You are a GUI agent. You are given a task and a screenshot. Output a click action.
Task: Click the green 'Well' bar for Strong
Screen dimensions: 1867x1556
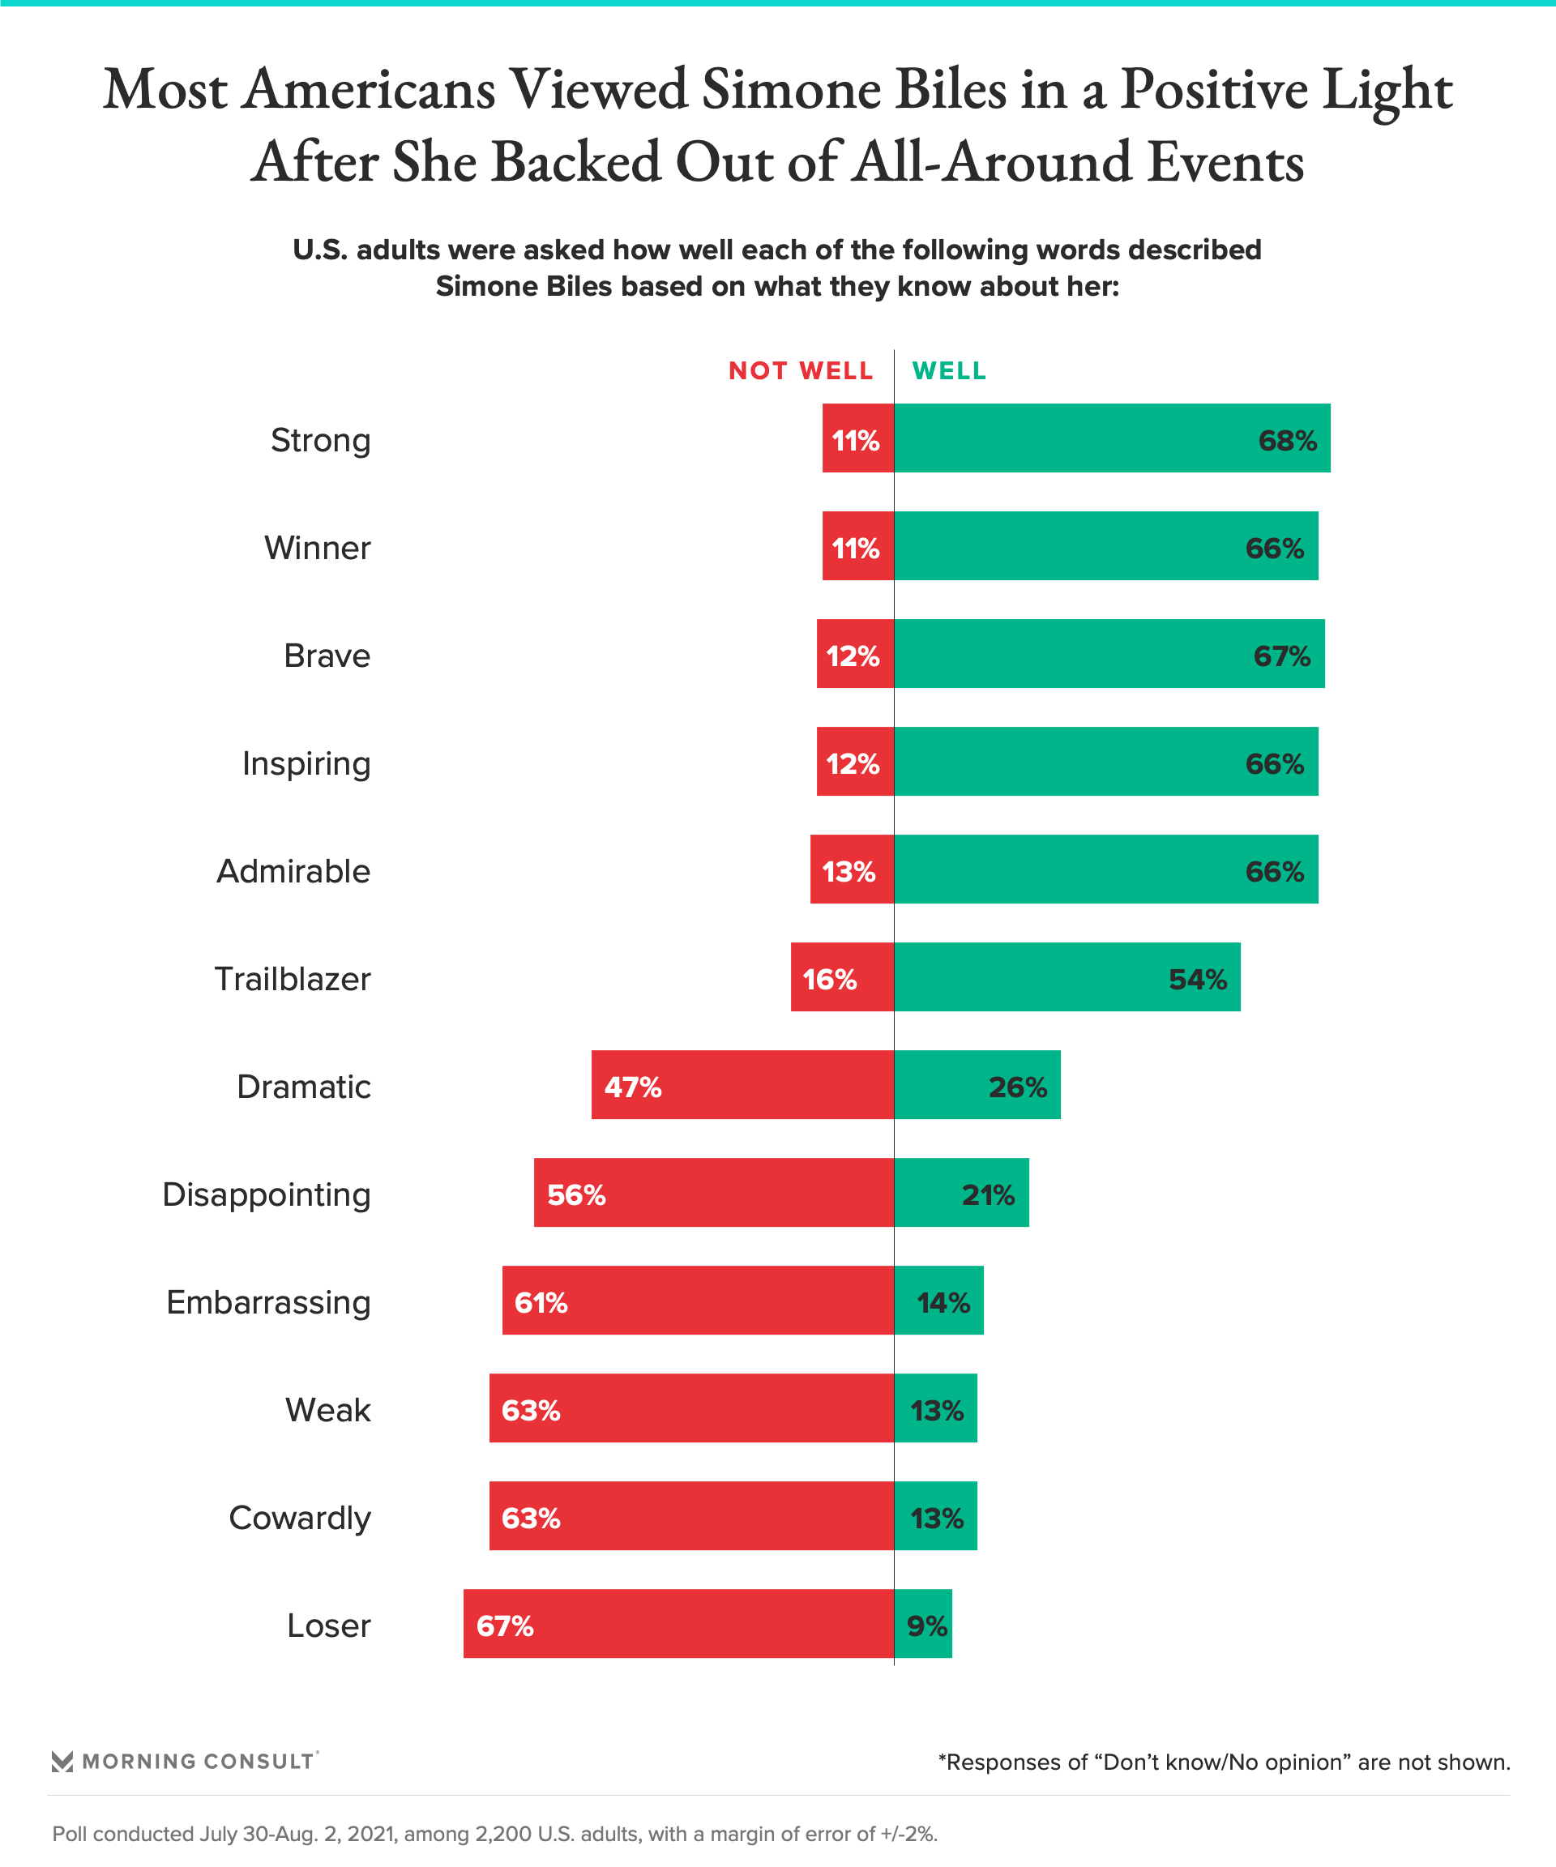1111,438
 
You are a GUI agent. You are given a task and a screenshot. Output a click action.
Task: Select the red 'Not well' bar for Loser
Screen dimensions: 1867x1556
678,1623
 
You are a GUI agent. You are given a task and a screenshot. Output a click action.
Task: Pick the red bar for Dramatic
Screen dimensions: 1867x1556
742,1085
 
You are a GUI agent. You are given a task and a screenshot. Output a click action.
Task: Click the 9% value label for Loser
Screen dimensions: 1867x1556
926,1626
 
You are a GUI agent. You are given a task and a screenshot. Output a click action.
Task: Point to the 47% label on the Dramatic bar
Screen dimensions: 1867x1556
632,1087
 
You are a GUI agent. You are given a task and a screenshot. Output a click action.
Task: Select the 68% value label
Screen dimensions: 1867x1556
1287,441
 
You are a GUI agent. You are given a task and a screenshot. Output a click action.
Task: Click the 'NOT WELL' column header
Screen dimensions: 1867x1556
800,371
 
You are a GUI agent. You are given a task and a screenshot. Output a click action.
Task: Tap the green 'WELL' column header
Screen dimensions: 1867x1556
949,371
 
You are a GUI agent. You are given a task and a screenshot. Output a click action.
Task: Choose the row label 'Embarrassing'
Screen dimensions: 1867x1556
267,1302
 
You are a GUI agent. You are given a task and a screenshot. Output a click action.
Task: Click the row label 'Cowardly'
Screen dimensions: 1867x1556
299,1519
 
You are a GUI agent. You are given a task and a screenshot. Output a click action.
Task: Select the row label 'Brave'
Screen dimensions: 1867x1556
327,656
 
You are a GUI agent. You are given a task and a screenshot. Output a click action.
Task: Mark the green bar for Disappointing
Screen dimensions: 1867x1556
961,1192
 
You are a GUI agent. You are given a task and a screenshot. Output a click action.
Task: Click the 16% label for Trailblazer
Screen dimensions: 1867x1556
829,980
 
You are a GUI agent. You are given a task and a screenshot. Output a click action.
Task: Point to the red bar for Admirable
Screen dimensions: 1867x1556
851,869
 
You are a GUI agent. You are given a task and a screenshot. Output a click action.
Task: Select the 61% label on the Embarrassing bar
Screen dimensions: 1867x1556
541,1303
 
